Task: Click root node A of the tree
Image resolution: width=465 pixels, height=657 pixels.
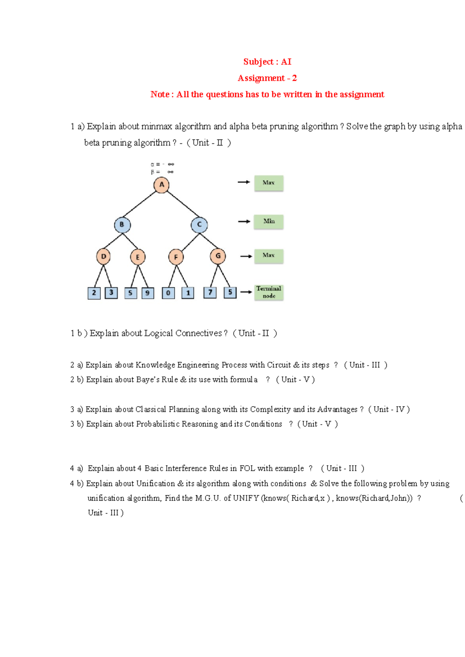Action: tap(162, 185)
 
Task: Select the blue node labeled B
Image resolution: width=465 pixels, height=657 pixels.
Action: tap(122, 225)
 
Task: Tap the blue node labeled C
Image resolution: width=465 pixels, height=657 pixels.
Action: tap(199, 225)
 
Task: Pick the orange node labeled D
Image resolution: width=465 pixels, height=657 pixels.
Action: tap(103, 256)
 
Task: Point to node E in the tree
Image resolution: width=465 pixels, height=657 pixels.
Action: tap(138, 257)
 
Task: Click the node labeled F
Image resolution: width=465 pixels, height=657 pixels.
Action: tap(176, 257)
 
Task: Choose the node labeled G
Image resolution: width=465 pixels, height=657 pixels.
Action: tap(218, 256)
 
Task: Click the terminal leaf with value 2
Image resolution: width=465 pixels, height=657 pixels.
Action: tap(94, 293)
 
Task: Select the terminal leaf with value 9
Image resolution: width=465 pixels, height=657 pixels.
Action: tap(148, 293)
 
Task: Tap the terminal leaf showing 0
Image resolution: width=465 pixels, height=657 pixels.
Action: tap(168, 293)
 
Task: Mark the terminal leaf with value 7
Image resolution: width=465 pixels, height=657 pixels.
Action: tap(210, 292)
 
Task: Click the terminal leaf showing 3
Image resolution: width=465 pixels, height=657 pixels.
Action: tap(111, 292)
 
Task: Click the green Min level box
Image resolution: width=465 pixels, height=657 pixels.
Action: tap(269, 222)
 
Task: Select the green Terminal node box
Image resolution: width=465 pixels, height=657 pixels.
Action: tap(269, 292)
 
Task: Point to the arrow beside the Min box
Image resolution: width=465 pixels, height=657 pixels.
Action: tap(244, 222)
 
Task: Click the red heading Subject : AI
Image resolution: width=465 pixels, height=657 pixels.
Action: tap(267, 62)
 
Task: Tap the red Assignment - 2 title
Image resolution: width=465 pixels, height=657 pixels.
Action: tap(267, 78)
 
